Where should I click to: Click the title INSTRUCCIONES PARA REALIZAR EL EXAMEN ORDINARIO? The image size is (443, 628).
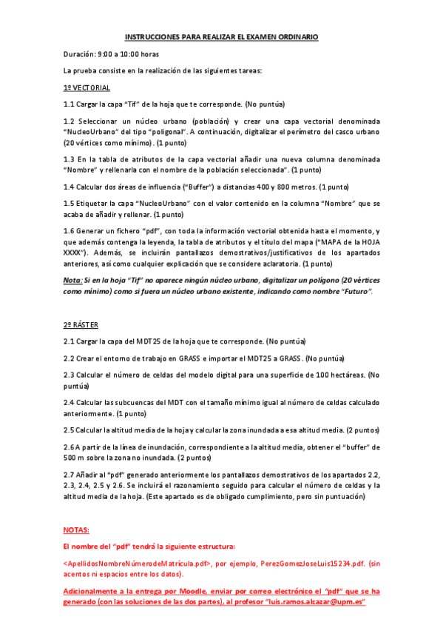pyautogui.click(x=221, y=36)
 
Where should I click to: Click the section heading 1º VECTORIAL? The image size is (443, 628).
pyautogui.click(x=87, y=87)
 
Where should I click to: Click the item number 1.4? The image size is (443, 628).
pyautogui.click(x=69, y=186)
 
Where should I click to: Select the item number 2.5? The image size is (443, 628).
pyautogui.click(x=70, y=430)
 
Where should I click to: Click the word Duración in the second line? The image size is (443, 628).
pyautogui.click(x=80, y=53)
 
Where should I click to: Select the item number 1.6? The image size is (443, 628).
pyautogui.click(x=69, y=231)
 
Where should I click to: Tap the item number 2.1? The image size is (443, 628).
pyautogui.click(x=70, y=341)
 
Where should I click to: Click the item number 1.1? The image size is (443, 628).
pyautogui.click(x=69, y=104)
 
